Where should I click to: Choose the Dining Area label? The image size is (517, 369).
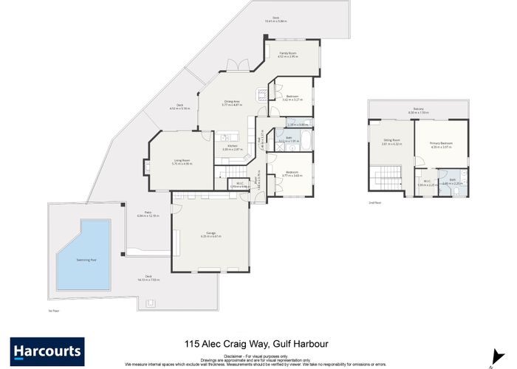pyautogui.click(x=233, y=103)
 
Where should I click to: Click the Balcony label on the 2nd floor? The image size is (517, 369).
pyautogui.click(x=418, y=111)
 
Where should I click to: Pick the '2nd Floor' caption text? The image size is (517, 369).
pyautogui.click(x=375, y=201)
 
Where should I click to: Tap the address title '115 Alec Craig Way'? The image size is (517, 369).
pyautogui.click(x=258, y=343)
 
